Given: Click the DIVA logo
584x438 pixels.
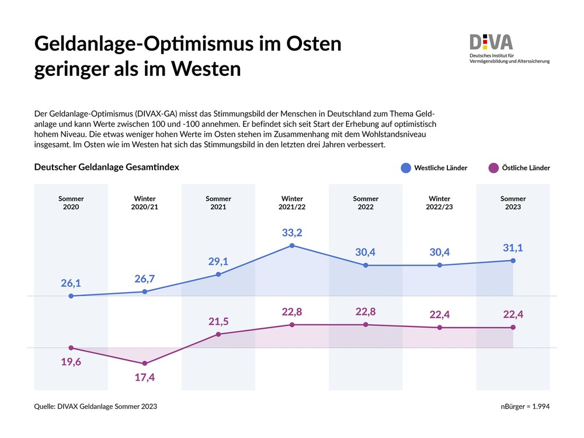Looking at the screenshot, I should tap(491, 42).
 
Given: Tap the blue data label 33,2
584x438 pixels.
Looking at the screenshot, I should tap(292, 233).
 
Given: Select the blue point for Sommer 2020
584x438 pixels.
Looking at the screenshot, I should tap(71, 296).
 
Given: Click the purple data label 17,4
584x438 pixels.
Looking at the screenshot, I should tap(145, 377).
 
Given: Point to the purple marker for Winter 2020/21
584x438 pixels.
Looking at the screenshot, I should tap(145, 363).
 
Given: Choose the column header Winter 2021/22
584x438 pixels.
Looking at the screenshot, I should tap(292, 203).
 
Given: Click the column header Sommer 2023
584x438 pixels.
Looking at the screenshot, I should tap(513, 203).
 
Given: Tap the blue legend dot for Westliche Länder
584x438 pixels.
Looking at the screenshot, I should tap(406, 168).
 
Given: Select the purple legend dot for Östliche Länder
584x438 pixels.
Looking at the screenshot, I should tap(493, 168).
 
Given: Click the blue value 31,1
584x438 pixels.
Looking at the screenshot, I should tap(513, 248).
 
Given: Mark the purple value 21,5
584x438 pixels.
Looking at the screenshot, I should tap(218, 321).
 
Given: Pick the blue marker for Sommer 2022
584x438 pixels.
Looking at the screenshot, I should tap(366, 265).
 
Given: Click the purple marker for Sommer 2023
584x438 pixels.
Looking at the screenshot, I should tap(513, 328).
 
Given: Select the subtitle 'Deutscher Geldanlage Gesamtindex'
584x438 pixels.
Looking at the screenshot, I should tap(106, 167).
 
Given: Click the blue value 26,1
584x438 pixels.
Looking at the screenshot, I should tap(71, 283).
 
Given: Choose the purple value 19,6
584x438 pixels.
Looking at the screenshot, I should tap(71, 361).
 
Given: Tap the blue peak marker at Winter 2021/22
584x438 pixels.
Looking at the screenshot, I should tap(292, 246).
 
